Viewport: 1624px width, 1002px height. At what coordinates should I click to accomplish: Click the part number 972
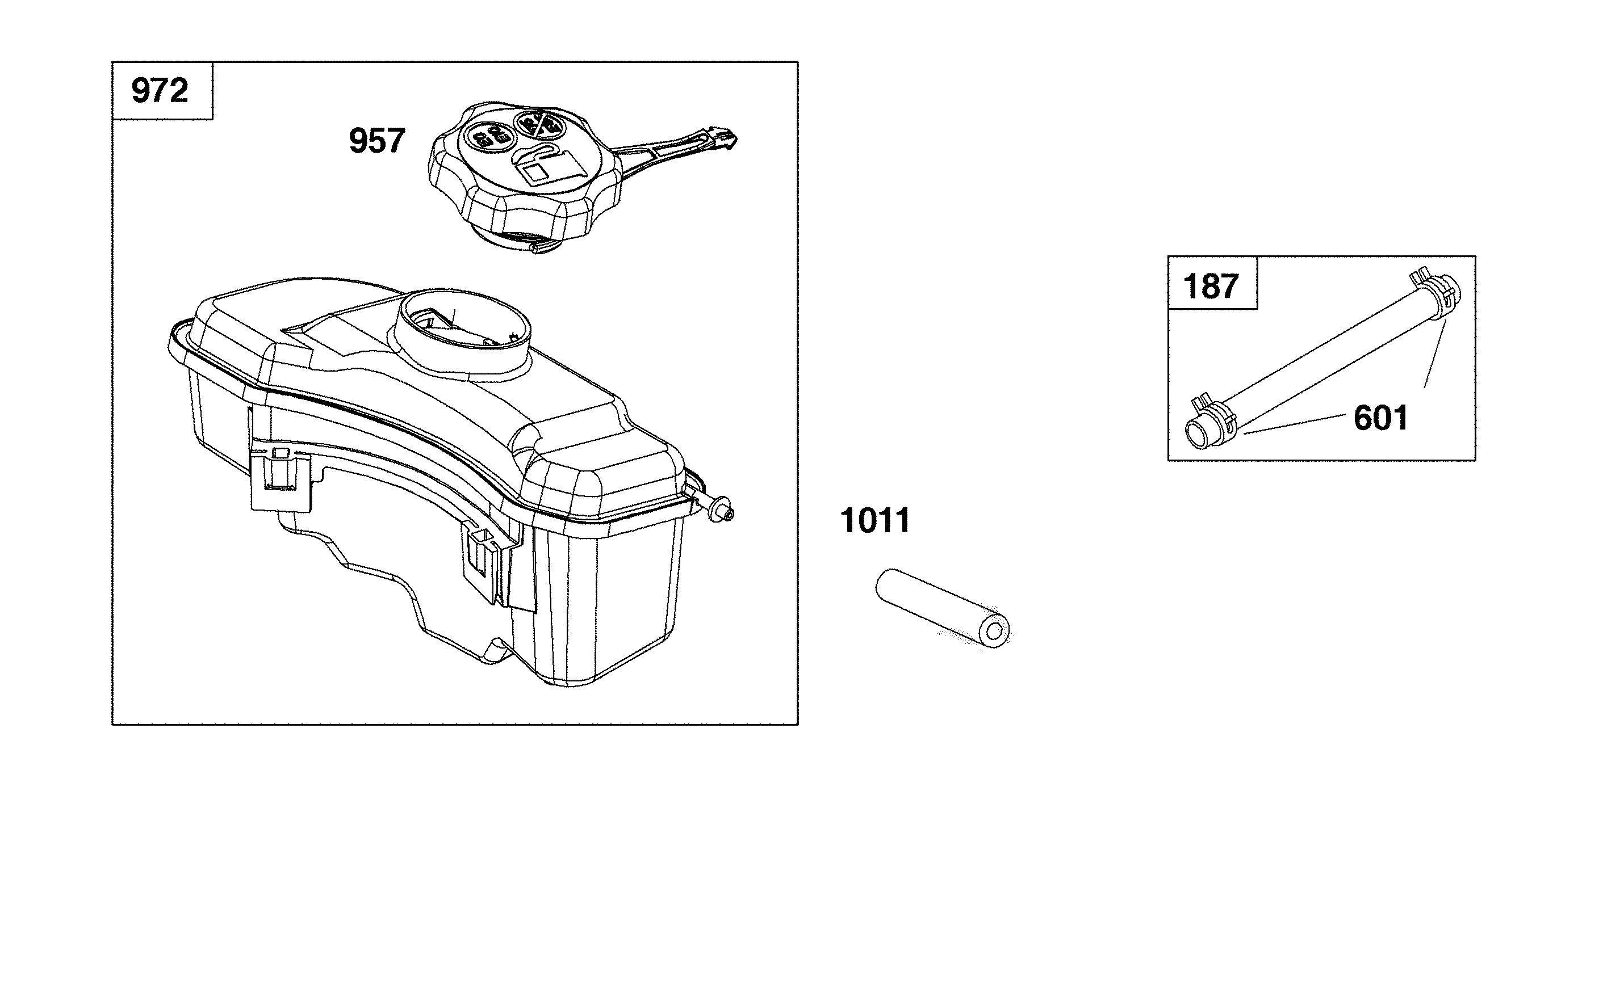(160, 90)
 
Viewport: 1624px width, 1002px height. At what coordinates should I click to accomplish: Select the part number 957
(376, 141)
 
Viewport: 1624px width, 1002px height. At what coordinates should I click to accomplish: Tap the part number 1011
(876, 520)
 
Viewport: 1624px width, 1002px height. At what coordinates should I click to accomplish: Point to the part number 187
(1211, 287)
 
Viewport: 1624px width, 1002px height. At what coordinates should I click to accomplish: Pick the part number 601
(1380, 418)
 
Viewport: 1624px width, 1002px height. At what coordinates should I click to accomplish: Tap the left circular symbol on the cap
(487, 136)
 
